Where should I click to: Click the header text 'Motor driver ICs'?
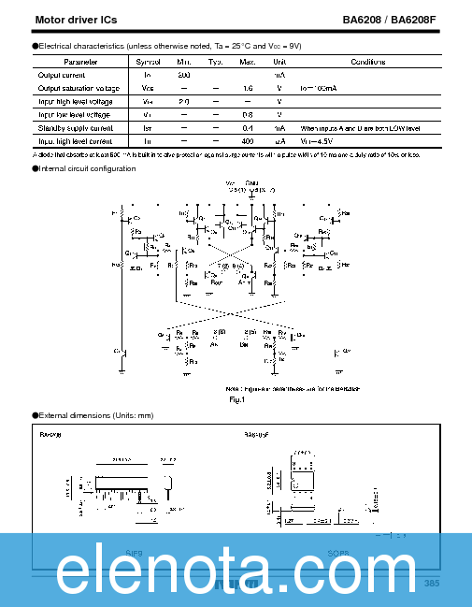pyautogui.click(x=77, y=20)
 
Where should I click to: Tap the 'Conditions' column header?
pyautogui.click(x=367, y=61)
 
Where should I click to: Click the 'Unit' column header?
pyautogui.click(x=279, y=61)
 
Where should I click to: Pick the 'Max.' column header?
pyautogui.click(x=248, y=61)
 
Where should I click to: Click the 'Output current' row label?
pyautogui.click(x=63, y=74)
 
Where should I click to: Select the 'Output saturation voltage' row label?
pyautogui.click(x=76, y=87)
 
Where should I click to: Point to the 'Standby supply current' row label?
pyautogui.click(x=75, y=127)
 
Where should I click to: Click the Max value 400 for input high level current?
pyautogui.click(x=248, y=140)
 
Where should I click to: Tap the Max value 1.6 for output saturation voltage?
pyautogui.click(x=248, y=87)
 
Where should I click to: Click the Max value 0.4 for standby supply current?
pyautogui.click(x=248, y=127)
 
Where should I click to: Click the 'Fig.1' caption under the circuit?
pyautogui.click(x=236, y=399)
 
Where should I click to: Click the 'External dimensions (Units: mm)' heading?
pyautogui.click(x=95, y=415)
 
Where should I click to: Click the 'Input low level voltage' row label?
pyautogui.click(x=74, y=114)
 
